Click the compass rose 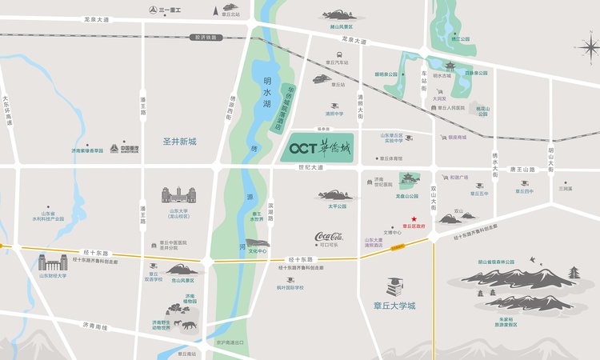click(x=587, y=48)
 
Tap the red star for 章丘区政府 click(x=414, y=219)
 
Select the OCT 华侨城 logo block click(x=321, y=147)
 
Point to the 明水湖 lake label click(x=267, y=92)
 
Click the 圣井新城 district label click(x=178, y=142)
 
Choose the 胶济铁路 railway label click(x=206, y=37)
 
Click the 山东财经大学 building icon click(x=54, y=262)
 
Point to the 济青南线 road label click(x=94, y=326)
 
